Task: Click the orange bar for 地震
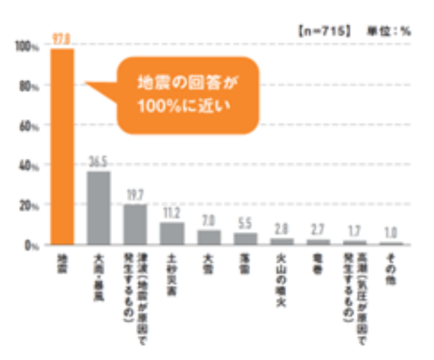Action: click(x=62, y=147)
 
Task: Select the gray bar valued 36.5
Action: click(x=98, y=208)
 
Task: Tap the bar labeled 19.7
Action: click(x=135, y=224)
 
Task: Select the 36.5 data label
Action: click(x=98, y=161)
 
